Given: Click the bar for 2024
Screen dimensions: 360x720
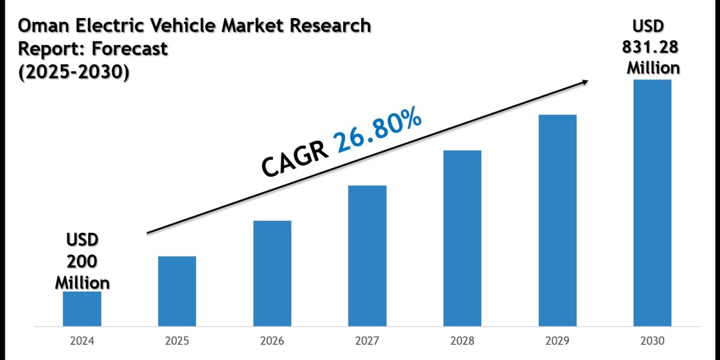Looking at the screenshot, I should pyautogui.click(x=82, y=309).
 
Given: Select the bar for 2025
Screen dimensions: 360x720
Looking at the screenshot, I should pyautogui.click(x=177, y=292).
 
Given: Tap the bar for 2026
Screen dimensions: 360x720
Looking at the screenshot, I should pyautogui.click(x=272, y=274).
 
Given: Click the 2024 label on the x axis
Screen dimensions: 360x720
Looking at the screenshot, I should pyautogui.click(x=82, y=341).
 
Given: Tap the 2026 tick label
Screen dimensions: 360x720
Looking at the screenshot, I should pyautogui.click(x=272, y=341).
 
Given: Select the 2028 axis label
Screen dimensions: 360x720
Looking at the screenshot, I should pyautogui.click(x=462, y=341).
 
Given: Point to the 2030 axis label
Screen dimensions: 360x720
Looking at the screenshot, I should pyautogui.click(x=652, y=341).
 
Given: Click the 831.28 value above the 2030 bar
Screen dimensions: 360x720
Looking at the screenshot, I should pyautogui.click(x=653, y=47).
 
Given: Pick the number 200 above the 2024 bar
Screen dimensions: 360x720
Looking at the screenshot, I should pyautogui.click(x=82, y=261).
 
